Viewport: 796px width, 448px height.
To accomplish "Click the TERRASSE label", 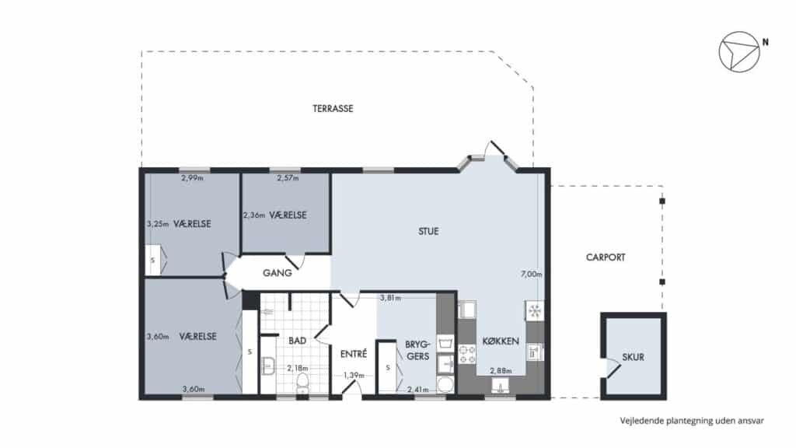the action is (333, 108).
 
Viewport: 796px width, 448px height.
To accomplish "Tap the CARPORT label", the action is (605, 257).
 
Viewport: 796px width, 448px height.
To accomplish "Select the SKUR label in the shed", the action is (633, 357).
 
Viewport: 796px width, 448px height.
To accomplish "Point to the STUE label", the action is (428, 231).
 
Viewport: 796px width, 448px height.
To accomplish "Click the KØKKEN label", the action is (501, 341).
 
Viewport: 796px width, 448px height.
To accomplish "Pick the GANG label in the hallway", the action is (278, 273).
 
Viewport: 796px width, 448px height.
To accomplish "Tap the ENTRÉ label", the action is (354, 354).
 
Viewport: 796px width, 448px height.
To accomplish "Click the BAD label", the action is (297, 341).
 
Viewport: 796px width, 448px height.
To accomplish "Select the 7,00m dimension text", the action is (532, 275).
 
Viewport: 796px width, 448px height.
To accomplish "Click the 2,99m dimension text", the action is (193, 178).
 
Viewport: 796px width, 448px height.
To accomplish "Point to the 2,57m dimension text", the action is (288, 178).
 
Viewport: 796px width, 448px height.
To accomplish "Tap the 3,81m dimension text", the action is (390, 298).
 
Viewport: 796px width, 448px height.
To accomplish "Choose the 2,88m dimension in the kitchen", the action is (501, 371).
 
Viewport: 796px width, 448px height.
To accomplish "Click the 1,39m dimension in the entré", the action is (354, 376).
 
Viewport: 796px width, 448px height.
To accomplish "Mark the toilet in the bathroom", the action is (302, 383).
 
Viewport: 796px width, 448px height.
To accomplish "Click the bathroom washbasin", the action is (267, 366).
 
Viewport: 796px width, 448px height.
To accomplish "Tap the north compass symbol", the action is (739, 52).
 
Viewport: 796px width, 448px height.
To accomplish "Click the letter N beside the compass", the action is (766, 43).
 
